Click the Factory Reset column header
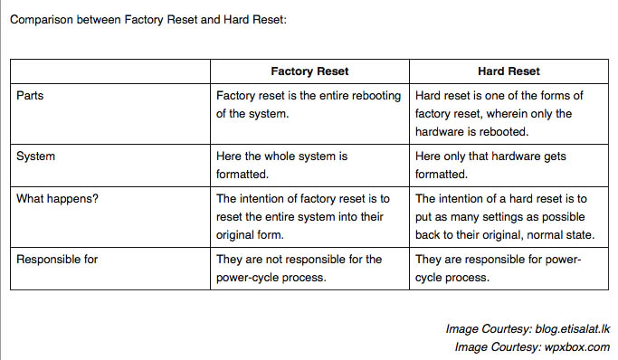(x=309, y=71)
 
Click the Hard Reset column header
(x=509, y=71)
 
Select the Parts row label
(x=31, y=96)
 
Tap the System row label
(x=36, y=156)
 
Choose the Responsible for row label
(x=57, y=259)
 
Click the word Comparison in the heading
(x=43, y=19)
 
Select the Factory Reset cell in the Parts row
(x=309, y=105)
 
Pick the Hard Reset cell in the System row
(x=509, y=165)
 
